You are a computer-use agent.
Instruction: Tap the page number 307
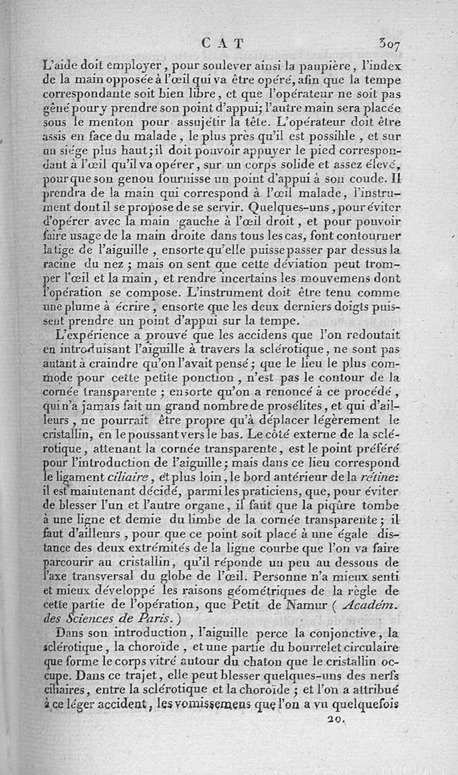[392, 42]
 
